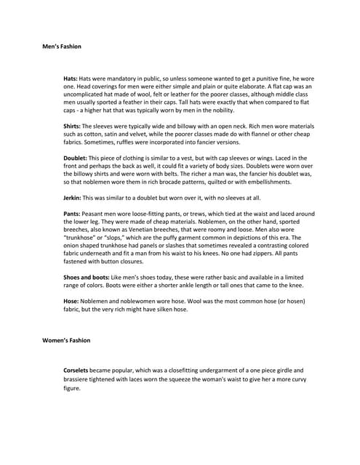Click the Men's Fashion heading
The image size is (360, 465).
click(x=62, y=46)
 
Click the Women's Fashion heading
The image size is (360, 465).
click(x=66, y=340)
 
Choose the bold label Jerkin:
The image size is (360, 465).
click(x=74, y=198)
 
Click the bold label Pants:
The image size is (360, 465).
click(x=73, y=214)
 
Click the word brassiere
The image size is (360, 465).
click(x=81, y=379)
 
